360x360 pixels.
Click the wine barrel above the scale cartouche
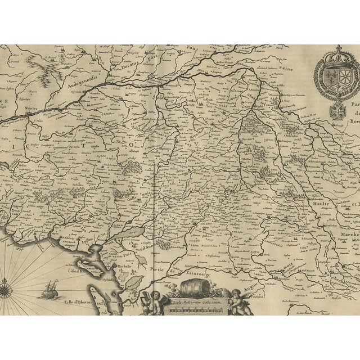[197, 289]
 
